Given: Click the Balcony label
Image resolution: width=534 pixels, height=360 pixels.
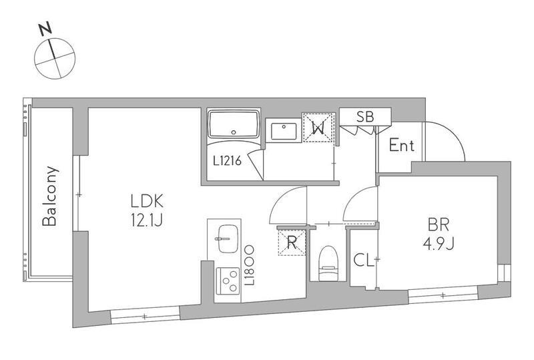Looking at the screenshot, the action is coord(49,196).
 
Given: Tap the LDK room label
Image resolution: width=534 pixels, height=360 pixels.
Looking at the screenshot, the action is coord(147,202).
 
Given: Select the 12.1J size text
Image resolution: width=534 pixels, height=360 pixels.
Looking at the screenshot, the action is coord(147,220).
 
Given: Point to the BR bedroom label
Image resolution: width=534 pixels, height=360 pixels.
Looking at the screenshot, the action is coord(439,225).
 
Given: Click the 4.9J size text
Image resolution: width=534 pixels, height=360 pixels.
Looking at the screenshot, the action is coord(439,244).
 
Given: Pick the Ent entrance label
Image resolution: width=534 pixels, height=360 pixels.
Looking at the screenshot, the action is coord(402,146).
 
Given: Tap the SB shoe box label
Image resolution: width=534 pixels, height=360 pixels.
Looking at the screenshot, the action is coord(365,117).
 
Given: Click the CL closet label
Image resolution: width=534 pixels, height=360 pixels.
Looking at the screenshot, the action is coord(364,260).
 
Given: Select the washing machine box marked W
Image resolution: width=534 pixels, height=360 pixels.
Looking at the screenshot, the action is coord(318,128).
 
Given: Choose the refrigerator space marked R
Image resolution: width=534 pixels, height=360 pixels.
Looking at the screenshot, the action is coord(292,242).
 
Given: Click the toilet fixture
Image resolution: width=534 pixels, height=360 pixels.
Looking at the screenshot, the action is coord(328,264).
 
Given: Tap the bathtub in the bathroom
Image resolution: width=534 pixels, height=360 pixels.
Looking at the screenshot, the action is coord(234,124).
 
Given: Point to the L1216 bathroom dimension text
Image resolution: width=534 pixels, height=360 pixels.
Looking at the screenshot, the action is coord(227,160).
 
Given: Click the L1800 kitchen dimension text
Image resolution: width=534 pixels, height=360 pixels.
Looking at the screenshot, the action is coord(249,266).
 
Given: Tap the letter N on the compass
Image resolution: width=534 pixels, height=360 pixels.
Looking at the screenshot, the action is coord(45,29).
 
